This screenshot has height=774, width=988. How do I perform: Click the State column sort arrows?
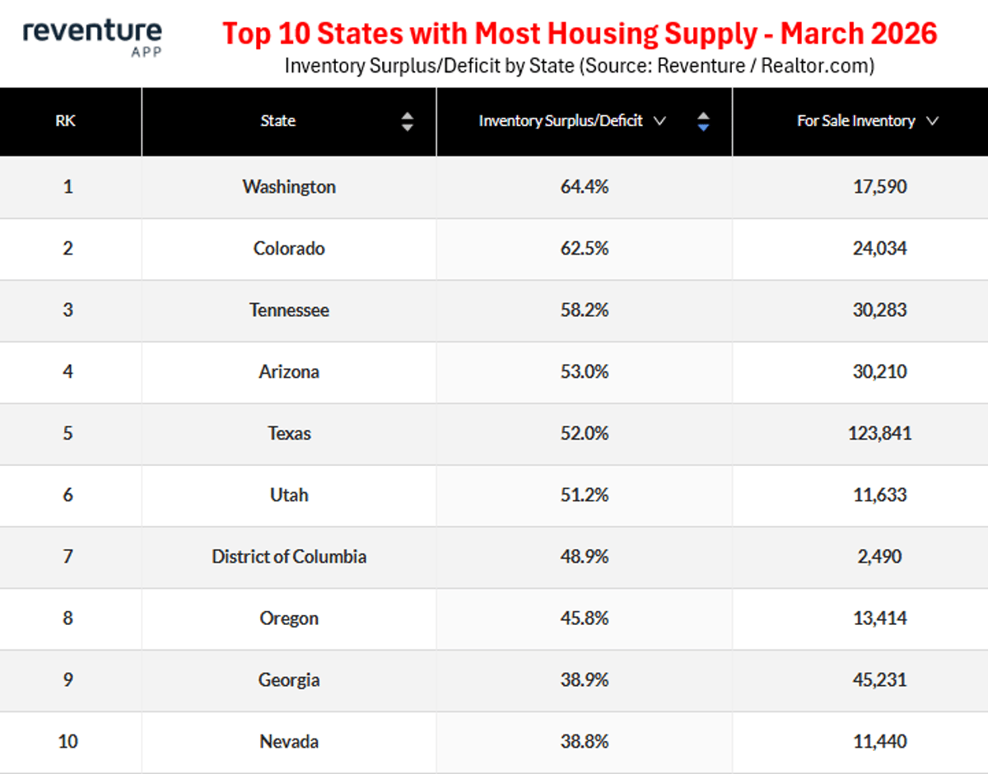[x=407, y=122]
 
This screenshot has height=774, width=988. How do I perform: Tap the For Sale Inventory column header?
[x=856, y=121]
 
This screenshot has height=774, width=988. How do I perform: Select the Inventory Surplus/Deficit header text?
[x=561, y=121]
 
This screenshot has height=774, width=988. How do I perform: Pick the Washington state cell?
[x=289, y=187]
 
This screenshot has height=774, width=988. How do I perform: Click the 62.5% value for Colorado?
[x=584, y=249]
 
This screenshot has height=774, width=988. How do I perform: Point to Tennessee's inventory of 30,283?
[x=879, y=310]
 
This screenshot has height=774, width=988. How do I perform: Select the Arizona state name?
[x=289, y=372]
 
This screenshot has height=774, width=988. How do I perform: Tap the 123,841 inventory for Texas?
[x=879, y=434]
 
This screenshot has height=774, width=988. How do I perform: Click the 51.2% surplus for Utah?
[x=584, y=495]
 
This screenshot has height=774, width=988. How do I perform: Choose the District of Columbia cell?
[x=289, y=557]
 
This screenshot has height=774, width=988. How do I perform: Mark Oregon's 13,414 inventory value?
[x=879, y=618]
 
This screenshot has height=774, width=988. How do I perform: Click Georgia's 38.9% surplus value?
[x=584, y=680]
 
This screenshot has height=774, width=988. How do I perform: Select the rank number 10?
[x=68, y=742]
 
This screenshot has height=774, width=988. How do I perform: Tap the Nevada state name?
[x=289, y=742]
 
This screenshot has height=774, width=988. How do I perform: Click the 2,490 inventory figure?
[x=879, y=557]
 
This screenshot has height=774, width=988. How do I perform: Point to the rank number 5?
[x=68, y=434]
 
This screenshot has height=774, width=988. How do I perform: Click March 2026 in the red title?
[x=858, y=34]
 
